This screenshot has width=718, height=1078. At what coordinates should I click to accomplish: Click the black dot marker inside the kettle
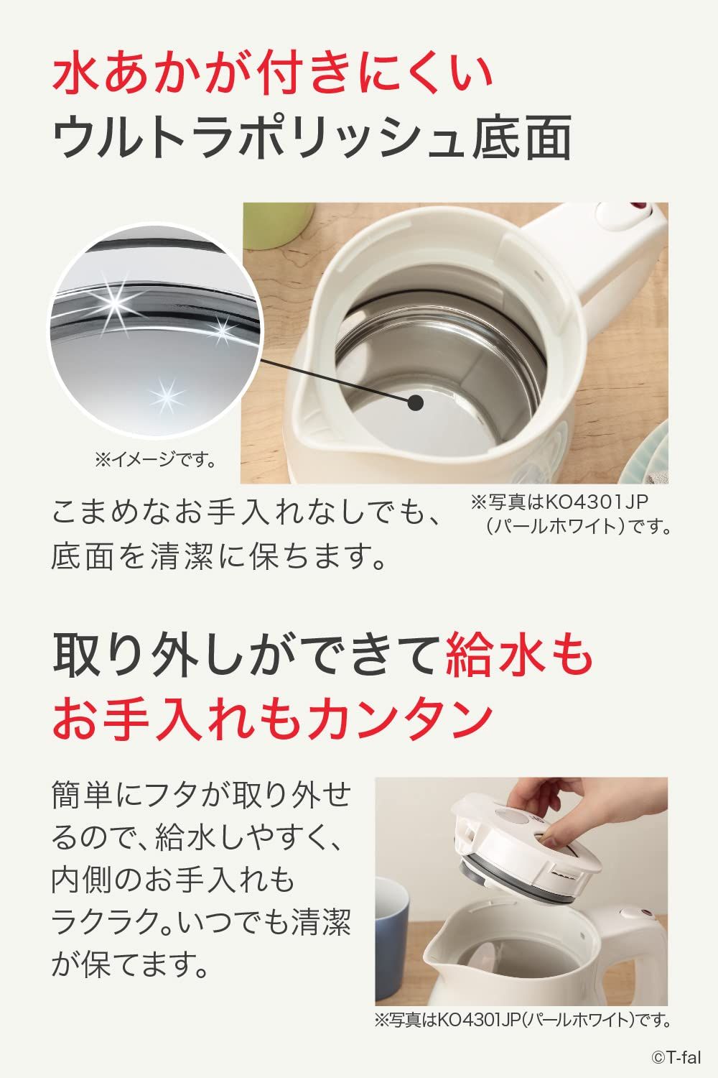(x=416, y=402)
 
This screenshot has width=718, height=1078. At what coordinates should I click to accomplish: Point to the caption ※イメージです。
(x=155, y=461)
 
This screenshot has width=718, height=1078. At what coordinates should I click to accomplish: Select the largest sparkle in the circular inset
(x=114, y=302)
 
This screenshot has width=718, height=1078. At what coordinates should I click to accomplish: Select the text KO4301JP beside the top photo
(x=597, y=502)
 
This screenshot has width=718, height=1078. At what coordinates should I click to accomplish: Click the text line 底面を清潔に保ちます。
(x=219, y=557)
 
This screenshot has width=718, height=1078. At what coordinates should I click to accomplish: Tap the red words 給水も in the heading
(x=519, y=655)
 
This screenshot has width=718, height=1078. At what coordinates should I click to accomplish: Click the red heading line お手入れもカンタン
(x=273, y=719)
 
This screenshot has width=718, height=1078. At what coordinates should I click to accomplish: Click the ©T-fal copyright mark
(x=676, y=1057)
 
